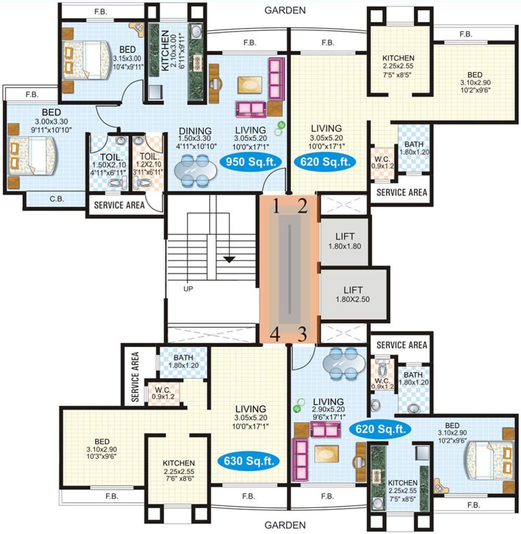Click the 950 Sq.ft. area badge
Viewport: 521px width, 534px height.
251,162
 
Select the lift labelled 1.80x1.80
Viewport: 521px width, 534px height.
345,242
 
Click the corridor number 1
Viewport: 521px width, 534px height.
276,206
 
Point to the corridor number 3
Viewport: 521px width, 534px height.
302,334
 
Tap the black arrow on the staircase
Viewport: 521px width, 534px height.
229,259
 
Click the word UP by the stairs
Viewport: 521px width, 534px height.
188,289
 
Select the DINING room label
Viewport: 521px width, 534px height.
195,130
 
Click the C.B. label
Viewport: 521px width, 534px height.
57,199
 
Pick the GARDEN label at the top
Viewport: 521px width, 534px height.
285,10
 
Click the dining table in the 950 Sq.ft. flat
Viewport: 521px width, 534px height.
195,171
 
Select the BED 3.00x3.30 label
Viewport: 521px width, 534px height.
51,121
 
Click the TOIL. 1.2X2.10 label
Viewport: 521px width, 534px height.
148,164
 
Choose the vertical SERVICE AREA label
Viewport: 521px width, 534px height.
135,377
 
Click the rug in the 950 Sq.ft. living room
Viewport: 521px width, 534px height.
250,85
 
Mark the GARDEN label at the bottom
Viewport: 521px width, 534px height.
285,525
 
